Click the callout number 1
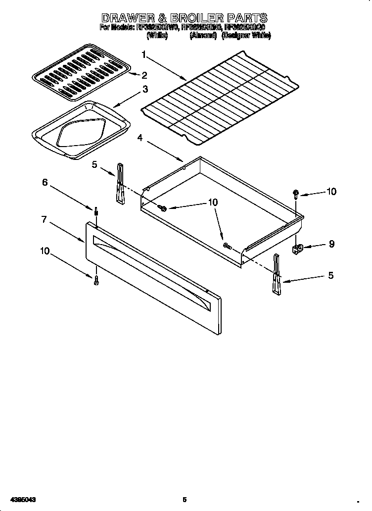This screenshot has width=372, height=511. (x=144, y=54)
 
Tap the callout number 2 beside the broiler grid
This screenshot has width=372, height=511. (x=144, y=75)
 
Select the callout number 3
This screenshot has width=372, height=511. (x=145, y=89)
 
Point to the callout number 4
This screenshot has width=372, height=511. (x=140, y=138)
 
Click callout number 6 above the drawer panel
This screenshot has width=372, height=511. (x=45, y=182)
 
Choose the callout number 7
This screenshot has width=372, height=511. (x=44, y=219)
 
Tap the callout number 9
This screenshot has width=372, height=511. (x=331, y=244)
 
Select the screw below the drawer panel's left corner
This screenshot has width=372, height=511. (x=96, y=280)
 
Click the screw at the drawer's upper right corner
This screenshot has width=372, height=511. (x=296, y=194)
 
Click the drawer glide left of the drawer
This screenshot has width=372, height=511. (x=120, y=184)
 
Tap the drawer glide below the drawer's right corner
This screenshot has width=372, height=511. (x=276, y=275)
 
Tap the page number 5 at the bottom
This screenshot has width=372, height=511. (x=185, y=500)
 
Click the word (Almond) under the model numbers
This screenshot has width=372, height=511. (x=203, y=36)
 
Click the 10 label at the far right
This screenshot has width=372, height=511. (x=331, y=192)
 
